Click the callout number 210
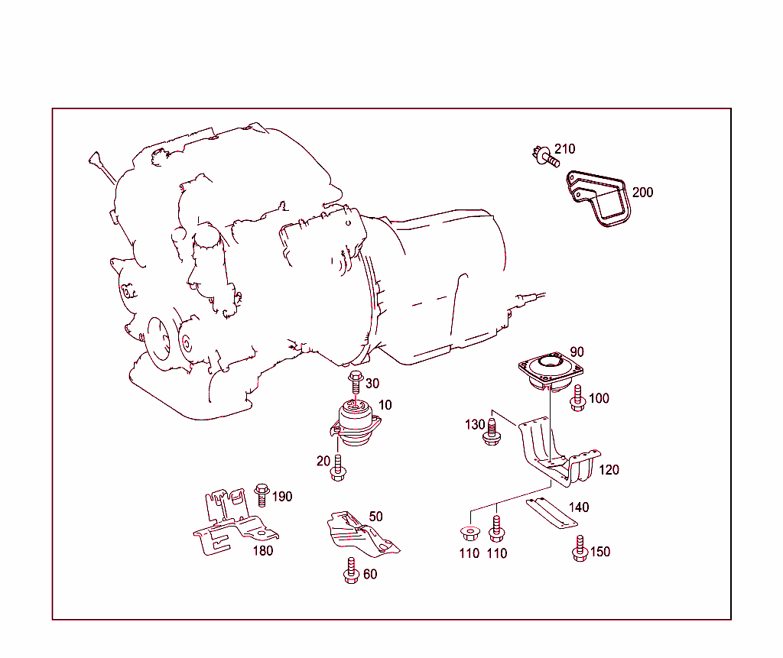pyautogui.click(x=565, y=149)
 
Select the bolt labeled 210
pyautogui.click(x=546, y=157)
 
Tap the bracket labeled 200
pyautogui.click(x=598, y=198)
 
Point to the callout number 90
pyautogui.click(x=577, y=352)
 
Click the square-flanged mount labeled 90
pyautogui.click(x=551, y=371)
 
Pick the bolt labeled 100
pyautogui.click(x=578, y=398)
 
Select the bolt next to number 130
pyautogui.click(x=492, y=433)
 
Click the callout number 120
pyautogui.click(x=609, y=470)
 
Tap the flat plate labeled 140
pyautogui.click(x=552, y=513)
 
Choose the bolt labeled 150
pyautogui.click(x=580, y=548)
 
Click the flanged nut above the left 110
pyautogui.click(x=470, y=533)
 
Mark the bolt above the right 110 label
pyautogui.click(x=496, y=529)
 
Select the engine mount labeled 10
pyautogui.click(x=355, y=423)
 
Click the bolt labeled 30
pyautogui.click(x=356, y=384)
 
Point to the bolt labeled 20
pyautogui.click(x=338, y=468)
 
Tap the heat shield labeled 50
pyautogui.click(x=362, y=534)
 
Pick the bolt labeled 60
pyautogui.click(x=352, y=571)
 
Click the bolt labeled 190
pyautogui.click(x=262, y=495)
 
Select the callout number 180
pyautogui.click(x=263, y=551)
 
